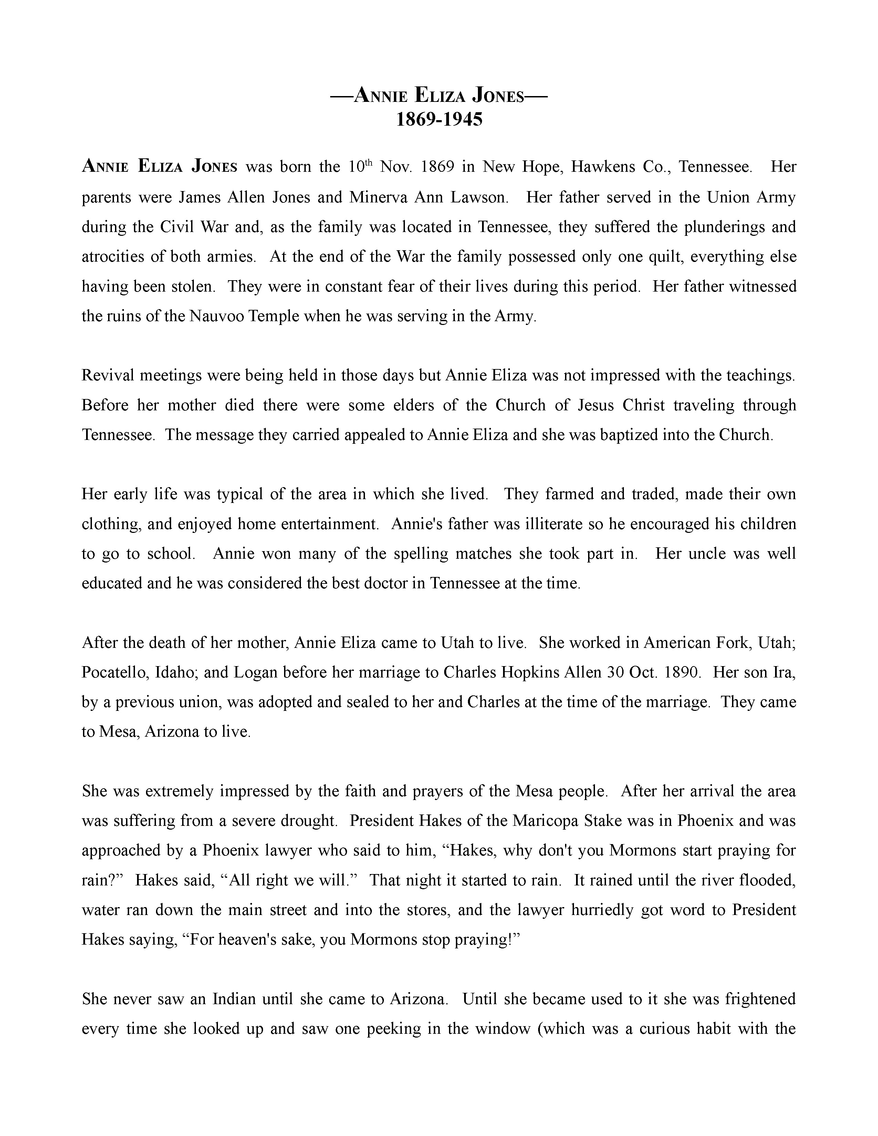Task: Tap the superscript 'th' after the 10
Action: pyautogui.click(x=368, y=163)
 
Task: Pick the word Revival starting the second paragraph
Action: pyautogui.click(x=107, y=376)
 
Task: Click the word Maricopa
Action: pyautogui.click(x=546, y=821)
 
